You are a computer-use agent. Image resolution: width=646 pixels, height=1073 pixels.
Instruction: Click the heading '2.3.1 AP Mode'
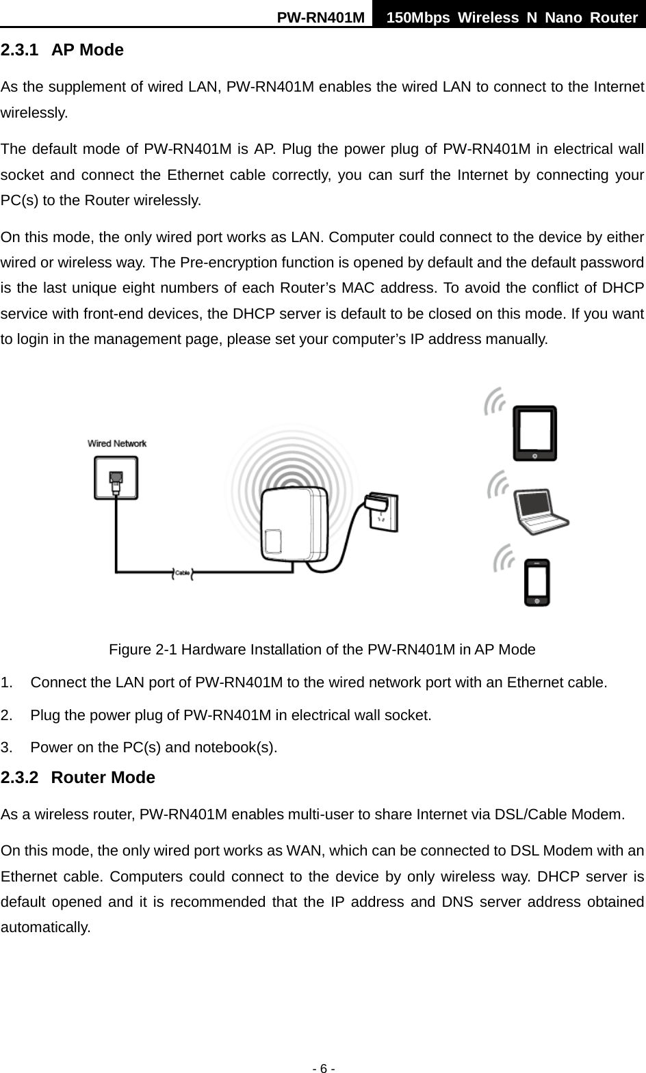[62, 50]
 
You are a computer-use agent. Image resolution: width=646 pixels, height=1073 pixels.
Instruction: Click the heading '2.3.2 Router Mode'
[78, 778]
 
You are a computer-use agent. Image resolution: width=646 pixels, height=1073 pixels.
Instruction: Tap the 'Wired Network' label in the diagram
[117, 443]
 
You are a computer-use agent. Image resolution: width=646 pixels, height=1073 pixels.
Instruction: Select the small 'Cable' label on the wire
[182, 572]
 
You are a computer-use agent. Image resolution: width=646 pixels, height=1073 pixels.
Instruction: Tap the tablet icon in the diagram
[535, 434]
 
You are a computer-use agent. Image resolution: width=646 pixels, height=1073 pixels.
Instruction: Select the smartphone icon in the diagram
[537, 583]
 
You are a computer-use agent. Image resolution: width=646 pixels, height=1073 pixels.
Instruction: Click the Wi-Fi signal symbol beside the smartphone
[506, 558]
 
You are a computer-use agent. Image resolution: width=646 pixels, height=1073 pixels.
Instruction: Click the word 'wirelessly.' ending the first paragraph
[34, 114]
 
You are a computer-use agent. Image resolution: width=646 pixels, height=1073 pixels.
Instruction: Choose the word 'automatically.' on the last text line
[46, 928]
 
